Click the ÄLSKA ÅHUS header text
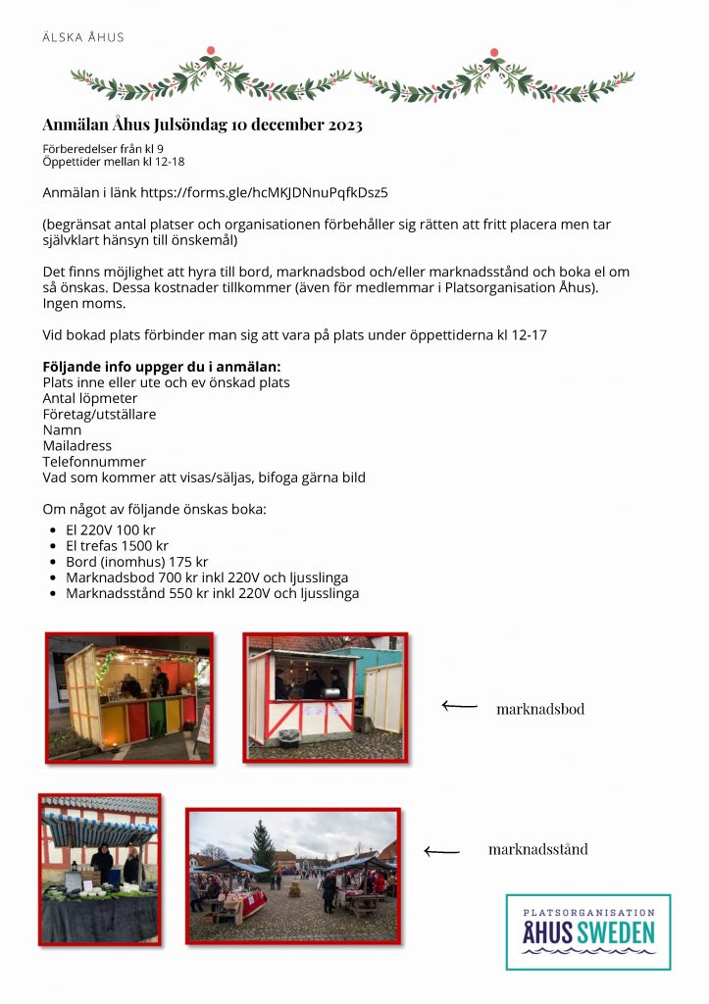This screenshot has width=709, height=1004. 83,37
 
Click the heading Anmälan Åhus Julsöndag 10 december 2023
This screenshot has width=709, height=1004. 202,125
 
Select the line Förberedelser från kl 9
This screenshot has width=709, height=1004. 102,148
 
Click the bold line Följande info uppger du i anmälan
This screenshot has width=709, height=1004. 162,367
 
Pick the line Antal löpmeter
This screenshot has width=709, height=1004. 90,398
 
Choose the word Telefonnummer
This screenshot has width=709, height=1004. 94,461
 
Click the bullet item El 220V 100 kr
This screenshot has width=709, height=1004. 110,529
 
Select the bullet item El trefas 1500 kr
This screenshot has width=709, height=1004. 117,545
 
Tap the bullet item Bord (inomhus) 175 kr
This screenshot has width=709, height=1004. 136,562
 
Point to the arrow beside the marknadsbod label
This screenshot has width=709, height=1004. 459,705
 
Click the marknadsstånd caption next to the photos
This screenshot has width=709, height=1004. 537,849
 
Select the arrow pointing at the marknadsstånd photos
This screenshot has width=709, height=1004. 441,851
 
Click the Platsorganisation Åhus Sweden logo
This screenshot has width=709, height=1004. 587,931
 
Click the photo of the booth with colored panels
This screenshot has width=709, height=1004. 129,697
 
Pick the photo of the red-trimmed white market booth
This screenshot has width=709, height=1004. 325,696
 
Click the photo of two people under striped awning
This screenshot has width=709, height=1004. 99,869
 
